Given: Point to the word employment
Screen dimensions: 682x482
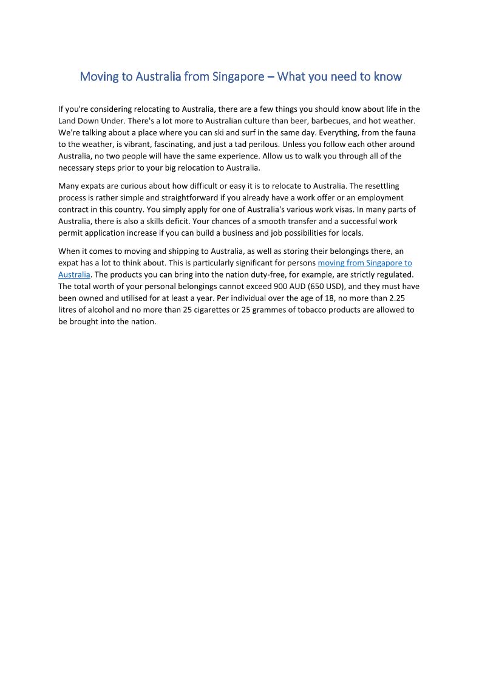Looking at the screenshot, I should (382, 197).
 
